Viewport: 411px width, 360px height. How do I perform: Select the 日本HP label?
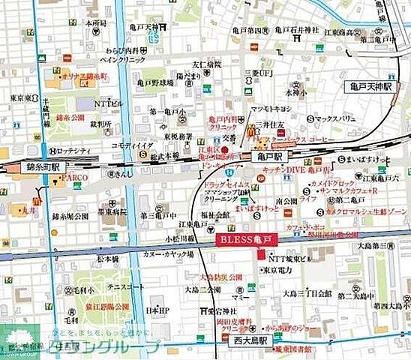point(157,310)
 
